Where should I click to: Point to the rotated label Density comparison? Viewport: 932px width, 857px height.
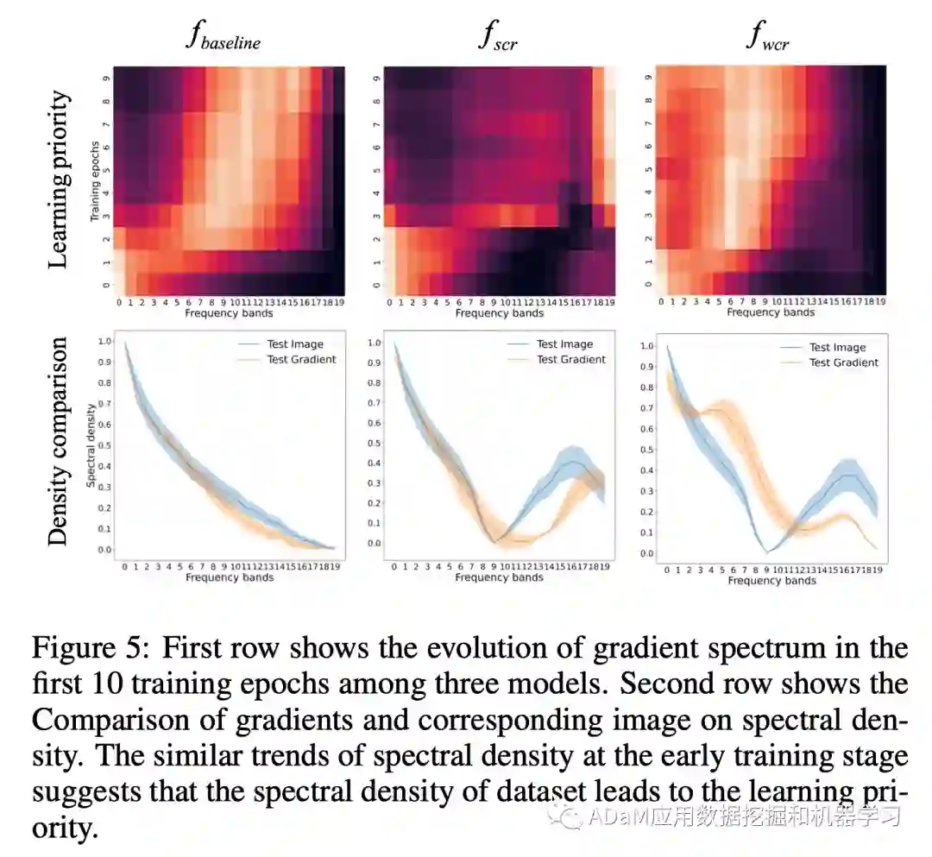pyautogui.click(x=59, y=441)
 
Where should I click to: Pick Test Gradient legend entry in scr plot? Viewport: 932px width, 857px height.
pyautogui.click(x=571, y=359)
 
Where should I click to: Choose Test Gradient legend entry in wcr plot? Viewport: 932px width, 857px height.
pyautogui.click(x=843, y=362)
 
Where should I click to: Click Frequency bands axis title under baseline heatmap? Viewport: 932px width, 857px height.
pyautogui.click(x=229, y=313)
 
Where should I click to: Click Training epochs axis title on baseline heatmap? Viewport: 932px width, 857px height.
pyautogui.click(x=98, y=181)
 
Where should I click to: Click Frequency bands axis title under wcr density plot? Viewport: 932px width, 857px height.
pyautogui.click(x=771, y=581)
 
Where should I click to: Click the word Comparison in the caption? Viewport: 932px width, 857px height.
pyautogui.click(x=107, y=721)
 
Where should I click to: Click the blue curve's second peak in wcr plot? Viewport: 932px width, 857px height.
pyautogui.click(x=851, y=475)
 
